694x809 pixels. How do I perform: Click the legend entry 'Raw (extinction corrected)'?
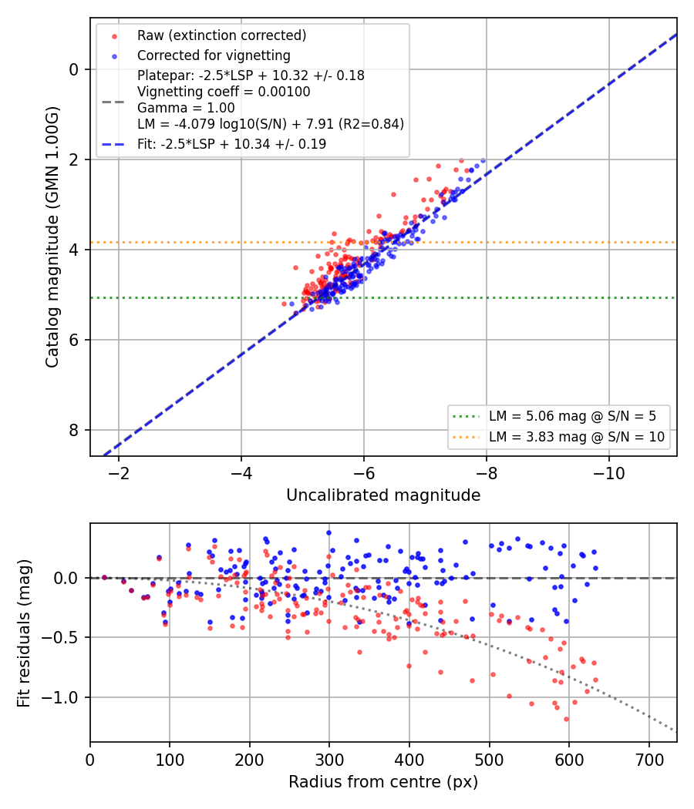(221, 35)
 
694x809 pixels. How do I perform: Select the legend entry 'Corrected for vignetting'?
(214, 55)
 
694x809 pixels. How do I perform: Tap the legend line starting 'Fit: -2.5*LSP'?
(232, 144)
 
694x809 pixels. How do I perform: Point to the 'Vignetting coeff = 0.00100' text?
(224, 92)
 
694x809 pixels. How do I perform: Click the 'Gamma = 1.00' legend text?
(186, 108)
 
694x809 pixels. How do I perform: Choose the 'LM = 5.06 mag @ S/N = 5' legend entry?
(572, 416)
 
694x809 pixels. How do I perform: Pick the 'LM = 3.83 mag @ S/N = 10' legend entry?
(577, 437)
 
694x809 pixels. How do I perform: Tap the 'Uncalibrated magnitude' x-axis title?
(383, 495)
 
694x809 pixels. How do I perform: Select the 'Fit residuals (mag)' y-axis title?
(24, 633)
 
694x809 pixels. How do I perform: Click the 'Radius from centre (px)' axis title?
(383, 782)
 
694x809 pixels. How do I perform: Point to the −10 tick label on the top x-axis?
(608, 473)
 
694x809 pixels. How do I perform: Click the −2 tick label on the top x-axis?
(118, 473)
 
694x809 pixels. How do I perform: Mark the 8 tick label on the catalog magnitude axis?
(74, 430)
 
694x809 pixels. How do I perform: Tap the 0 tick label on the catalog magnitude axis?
(74, 69)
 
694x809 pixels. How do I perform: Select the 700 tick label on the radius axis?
(649, 760)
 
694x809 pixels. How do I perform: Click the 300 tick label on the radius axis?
(329, 760)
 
